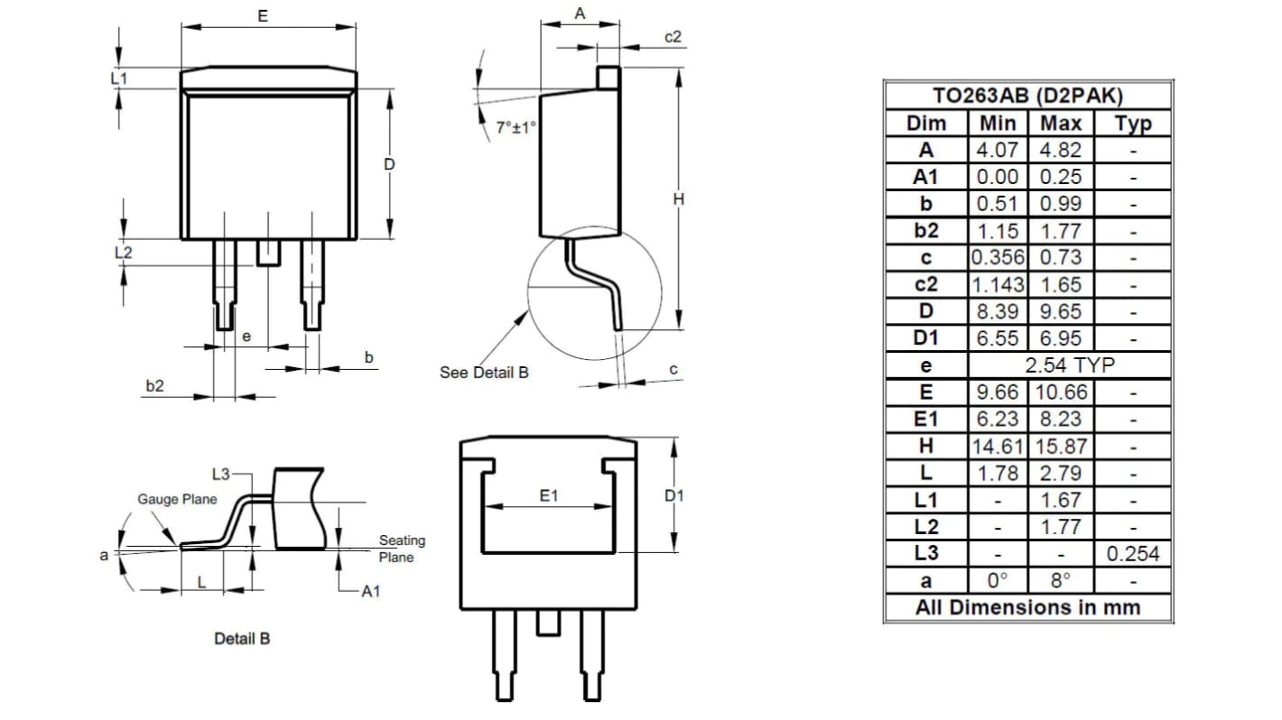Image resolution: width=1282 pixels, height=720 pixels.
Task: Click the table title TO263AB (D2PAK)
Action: pyautogui.click(x=1027, y=97)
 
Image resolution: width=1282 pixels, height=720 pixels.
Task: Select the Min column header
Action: pyautogui.click(x=998, y=124)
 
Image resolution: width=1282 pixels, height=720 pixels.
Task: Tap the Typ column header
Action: pyautogui.click(x=1132, y=124)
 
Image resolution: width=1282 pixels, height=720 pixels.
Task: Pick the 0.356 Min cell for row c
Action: pyautogui.click(x=998, y=257)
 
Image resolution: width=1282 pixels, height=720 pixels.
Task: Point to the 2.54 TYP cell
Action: pyautogui.click(x=1069, y=365)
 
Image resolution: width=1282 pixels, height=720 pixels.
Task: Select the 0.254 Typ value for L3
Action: pyautogui.click(x=1132, y=553)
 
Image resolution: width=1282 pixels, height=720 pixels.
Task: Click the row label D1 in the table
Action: pyautogui.click(x=925, y=338)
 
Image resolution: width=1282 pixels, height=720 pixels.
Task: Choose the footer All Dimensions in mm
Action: pyautogui.click(x=1027, y=607)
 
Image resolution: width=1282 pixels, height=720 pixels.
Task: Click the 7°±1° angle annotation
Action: pyautogui.click(x=516, y=128)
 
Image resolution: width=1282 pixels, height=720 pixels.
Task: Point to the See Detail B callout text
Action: pyautogui.click(x=484, y=372)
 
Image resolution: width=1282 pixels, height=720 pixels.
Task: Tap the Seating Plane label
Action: pyautogui.click(x=401, y=549)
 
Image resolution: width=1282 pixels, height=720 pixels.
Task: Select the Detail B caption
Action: pyautogui.click(x=241, y=638)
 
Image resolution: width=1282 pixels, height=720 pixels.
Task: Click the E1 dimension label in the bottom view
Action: pyautogui.click(x=549, y=495)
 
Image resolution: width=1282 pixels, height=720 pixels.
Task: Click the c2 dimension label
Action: pyautogui.click(x=673, y=36)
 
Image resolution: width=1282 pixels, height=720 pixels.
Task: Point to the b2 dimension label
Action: pyautogui.click(x=155, y=385)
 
